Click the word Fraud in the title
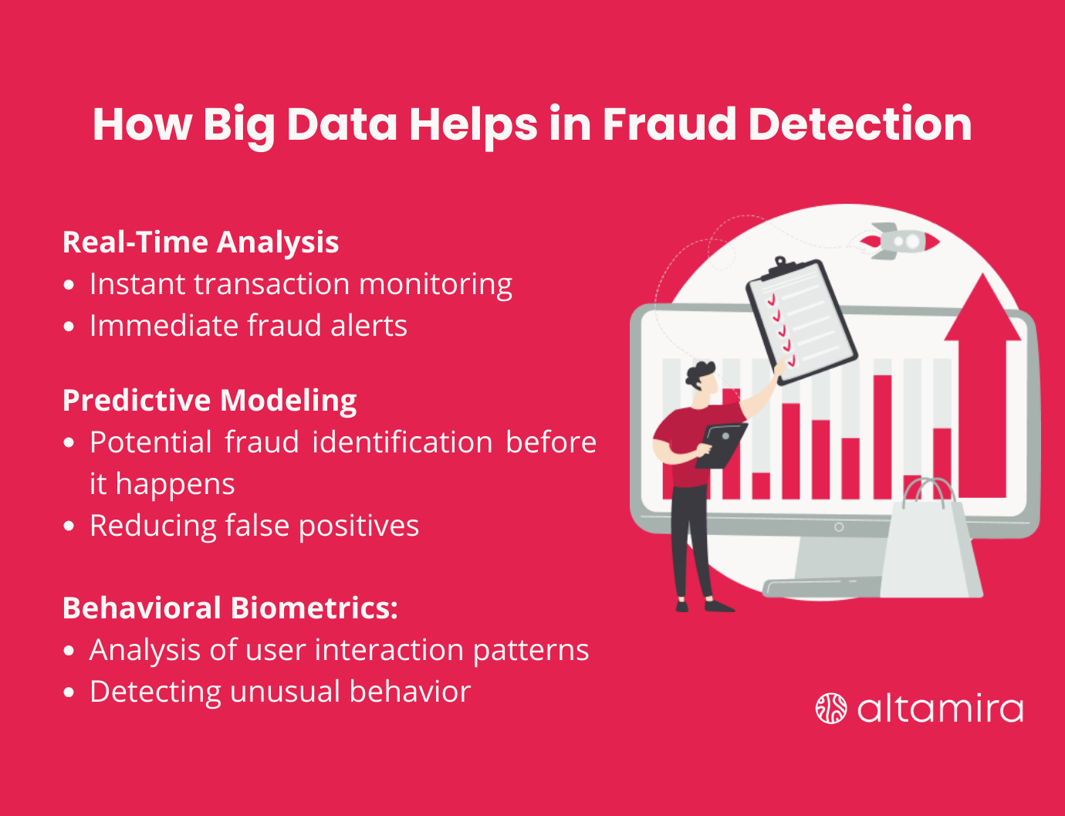click(668, 124)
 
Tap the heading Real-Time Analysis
click(201, 242)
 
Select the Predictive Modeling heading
click(209, 401)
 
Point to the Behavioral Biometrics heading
click(230, 608)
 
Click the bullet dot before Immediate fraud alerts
click(69, 327)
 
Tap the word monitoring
click(435, 285)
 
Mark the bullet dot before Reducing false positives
click(69, 527)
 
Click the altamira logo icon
click(831, 709)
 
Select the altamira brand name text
click(940, 709)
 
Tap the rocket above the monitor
click(900, 241)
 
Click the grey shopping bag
click(930, 544)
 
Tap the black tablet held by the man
click(721, 445)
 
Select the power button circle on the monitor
click(839, 527)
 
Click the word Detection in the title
click(860, 124)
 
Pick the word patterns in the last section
click(531, 651)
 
